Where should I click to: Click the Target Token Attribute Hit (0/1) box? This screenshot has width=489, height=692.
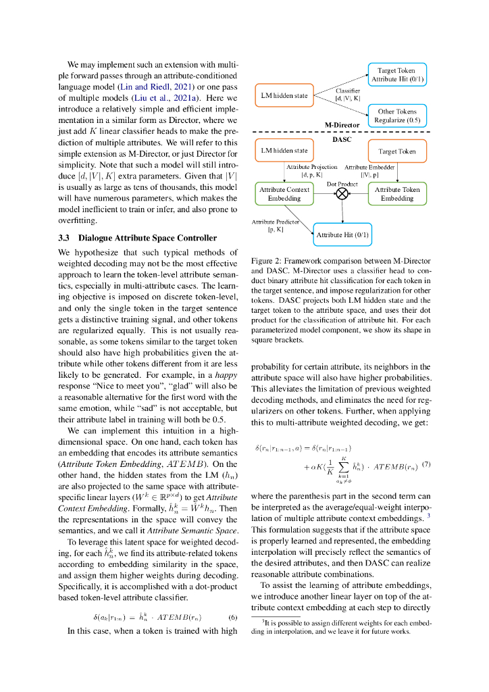[397, 74]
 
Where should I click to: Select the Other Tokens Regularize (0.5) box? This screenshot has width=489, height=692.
[397, 116]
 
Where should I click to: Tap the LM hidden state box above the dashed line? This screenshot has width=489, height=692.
[284, 95]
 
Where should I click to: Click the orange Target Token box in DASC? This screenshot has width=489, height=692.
[397, 151]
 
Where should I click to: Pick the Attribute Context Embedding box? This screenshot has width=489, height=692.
[284, 194]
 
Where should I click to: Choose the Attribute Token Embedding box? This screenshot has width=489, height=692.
[397, 194]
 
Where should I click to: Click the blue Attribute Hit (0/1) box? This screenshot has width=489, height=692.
[342, 234]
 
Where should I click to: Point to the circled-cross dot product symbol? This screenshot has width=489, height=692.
[342, 194]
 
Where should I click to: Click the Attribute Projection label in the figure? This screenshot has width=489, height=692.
[311, 167]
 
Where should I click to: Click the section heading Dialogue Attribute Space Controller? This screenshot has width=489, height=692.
[147, 238]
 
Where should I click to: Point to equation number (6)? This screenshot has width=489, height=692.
[232, 618]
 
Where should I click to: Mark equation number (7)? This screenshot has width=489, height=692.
[426, 446]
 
